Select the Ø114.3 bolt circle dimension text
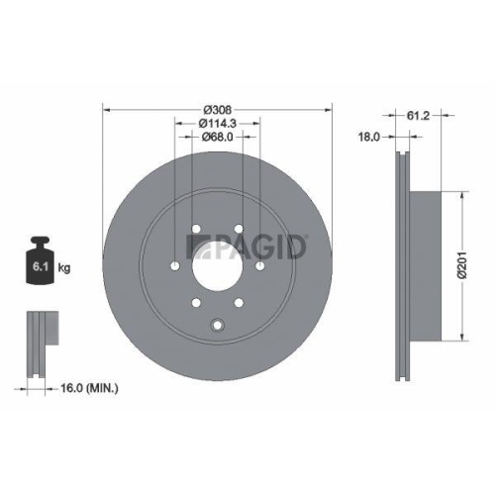217,124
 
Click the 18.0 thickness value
369,139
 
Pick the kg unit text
63,268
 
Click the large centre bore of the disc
217,267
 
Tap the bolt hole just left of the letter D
260,265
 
